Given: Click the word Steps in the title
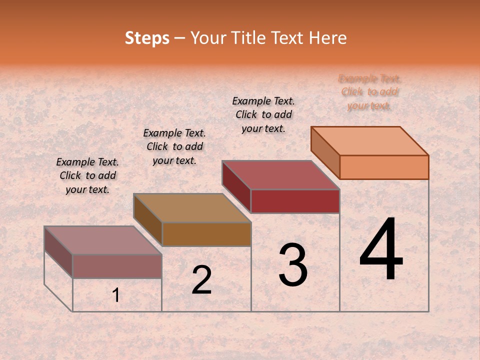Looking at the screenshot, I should pos(147,38).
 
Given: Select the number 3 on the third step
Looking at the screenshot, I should pos(293,265).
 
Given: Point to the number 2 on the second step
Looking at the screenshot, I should pos(201,280).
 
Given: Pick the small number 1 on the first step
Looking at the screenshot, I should pos(116,295).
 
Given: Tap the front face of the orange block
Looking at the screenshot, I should pos(384,167).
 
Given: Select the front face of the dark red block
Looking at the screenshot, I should pos(295,201).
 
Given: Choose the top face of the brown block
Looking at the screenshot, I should pos(192,208).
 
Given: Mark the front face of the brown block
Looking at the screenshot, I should pos(206,234).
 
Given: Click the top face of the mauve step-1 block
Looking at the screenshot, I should pos(103,240).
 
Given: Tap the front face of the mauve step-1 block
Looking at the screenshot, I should pos(117,266).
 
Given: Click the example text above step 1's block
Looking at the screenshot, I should pos(87,175).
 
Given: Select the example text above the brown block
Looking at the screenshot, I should pos(174,146).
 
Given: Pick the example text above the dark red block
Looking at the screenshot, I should pos(263,114).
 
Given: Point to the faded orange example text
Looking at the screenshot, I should pos(369,92).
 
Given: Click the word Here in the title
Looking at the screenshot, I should pos(328,38).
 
